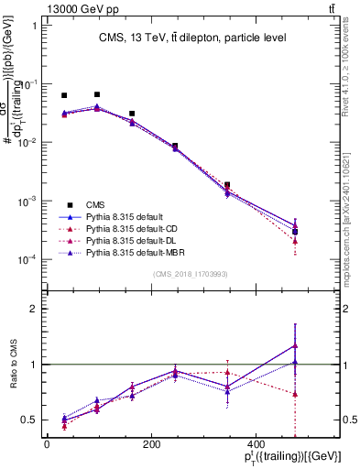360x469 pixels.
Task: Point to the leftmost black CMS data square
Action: click(x=64, y=95)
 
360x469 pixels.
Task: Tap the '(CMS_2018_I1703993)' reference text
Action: click(x=192, y=275)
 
